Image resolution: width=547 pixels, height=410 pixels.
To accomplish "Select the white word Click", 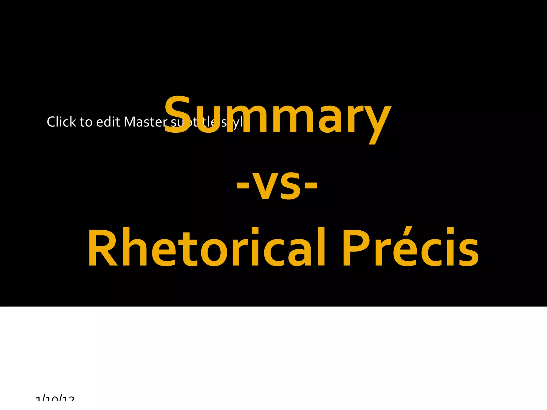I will (x=61, y=122).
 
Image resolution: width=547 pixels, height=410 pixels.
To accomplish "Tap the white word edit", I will (x=108, y=122).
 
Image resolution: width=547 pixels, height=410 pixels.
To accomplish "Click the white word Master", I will (x=146, y=122).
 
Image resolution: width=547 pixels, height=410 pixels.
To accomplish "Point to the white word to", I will (x=86, y=122).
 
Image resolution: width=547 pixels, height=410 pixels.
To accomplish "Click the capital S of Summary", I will (x=177, y=115).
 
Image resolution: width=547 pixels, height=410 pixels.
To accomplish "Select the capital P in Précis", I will (x=356, y=247).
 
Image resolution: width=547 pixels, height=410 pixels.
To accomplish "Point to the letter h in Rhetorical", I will (x=134, y=247).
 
